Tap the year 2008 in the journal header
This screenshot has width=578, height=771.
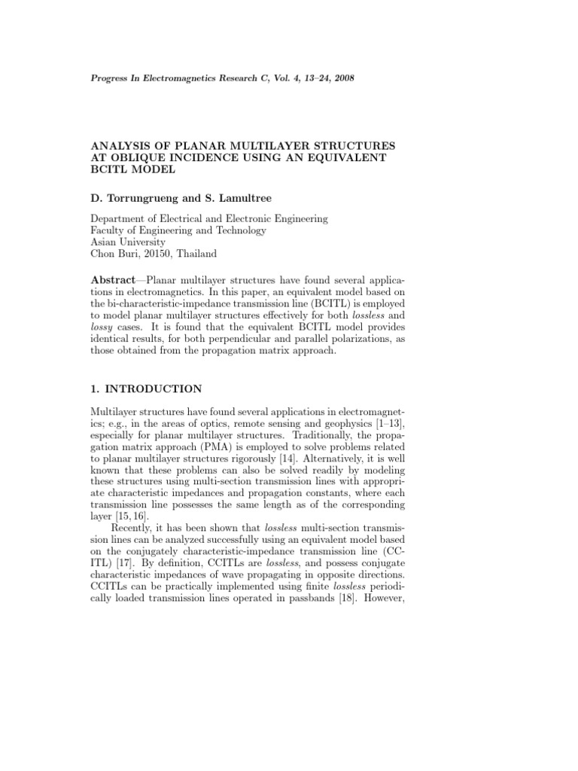[342, 78]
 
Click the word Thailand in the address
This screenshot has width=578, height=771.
[193, 254]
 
